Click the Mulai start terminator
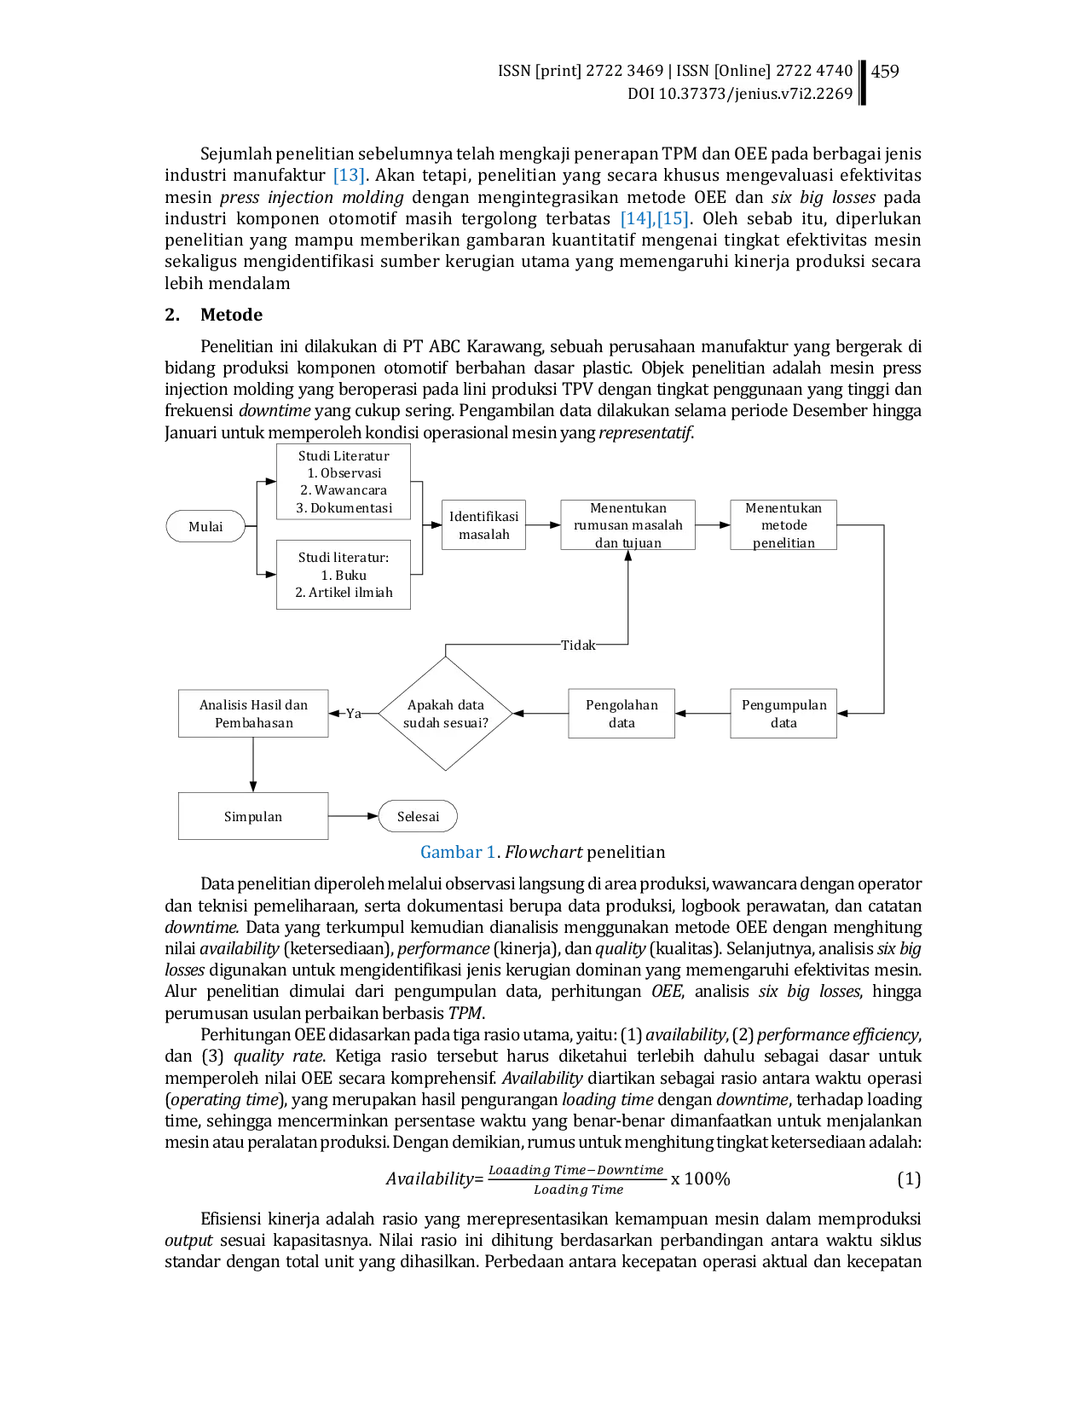tap(205, 526)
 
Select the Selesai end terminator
tap(418, 816)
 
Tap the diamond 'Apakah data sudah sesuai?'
tap(445, 714)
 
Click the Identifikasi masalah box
tap(483, 525)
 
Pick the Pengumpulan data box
tap(783, 714)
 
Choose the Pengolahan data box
tap(622, 714)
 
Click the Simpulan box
tap(253, 816)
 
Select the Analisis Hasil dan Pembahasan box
tap(253, 714)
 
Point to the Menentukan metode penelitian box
tap(783, 525)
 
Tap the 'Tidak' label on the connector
tap(577, 645)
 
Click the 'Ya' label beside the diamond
tap(354, 714)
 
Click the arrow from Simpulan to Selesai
tap(354, 816)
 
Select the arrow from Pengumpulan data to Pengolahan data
tap(703, 714)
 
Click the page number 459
tap(884, 72)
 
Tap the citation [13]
tap(349, 175)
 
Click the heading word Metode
tap(231, 315)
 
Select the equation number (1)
tap(908, 1178)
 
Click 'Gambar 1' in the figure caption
tap(458, 852)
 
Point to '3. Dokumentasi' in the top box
tap(344, 507)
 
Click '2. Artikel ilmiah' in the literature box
tap(344, 592)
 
